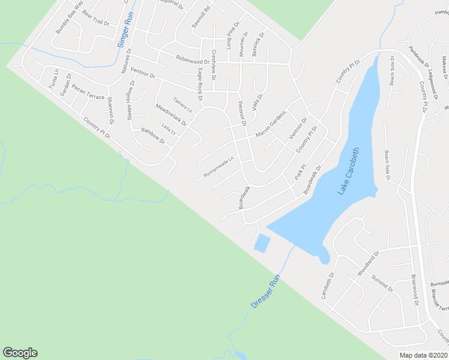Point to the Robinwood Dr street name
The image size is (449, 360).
(192, 60)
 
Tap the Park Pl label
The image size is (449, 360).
(301, 172)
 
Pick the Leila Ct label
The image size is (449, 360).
(169, 130)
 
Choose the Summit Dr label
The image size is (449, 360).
(382, 282)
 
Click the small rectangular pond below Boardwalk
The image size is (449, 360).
(262, 243)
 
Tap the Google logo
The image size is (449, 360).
(20, 353)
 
